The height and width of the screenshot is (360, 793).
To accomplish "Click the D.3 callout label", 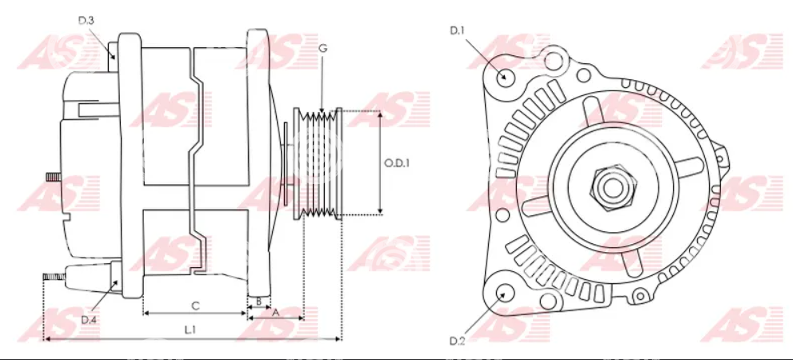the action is (86, 21).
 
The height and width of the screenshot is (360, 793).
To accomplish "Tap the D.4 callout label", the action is (89, 319).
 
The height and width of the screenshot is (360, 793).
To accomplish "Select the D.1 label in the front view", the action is (457, 31).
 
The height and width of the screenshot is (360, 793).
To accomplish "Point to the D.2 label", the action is (457, 341).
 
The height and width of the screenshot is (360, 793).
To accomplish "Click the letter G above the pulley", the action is (323, 49).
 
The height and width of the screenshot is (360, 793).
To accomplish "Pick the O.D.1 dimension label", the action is (397, 163).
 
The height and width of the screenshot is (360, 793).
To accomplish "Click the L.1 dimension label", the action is (190, 330).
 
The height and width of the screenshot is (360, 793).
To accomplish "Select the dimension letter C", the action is (196, 306).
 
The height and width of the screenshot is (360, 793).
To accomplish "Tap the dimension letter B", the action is (258, 302).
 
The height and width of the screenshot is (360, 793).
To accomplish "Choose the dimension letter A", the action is (275, 313).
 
